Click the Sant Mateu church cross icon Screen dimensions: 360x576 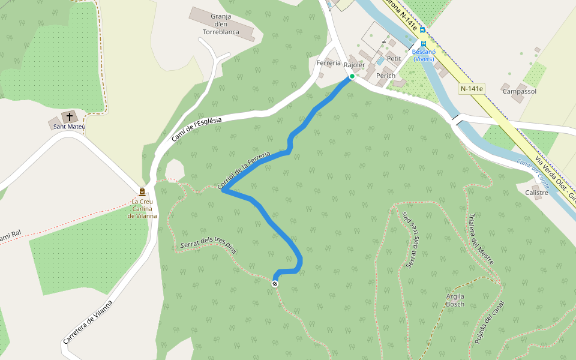(x=70, y=116)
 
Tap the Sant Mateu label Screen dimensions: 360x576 (x=69, y=127)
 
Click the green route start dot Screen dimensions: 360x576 (x=352, y=76)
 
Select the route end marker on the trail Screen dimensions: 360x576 (x=275, y=283)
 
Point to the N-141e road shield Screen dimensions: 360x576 (x=472, y=89)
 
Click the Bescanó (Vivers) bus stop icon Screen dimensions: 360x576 (x=424, y=44)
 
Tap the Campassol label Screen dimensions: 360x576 (x=519, y=91)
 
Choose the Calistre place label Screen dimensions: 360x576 (x=536, y=193)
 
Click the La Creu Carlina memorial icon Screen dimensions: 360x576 (x=142, y=192)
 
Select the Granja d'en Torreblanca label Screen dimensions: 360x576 (x=221, y=24)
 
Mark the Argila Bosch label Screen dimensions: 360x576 (x=455, y=300)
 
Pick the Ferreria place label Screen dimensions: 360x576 (x=328, y=62)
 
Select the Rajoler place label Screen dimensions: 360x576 (x=354, y=64)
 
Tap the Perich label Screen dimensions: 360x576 (x=386, y=76)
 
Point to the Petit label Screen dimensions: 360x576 (x=394, y=58)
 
